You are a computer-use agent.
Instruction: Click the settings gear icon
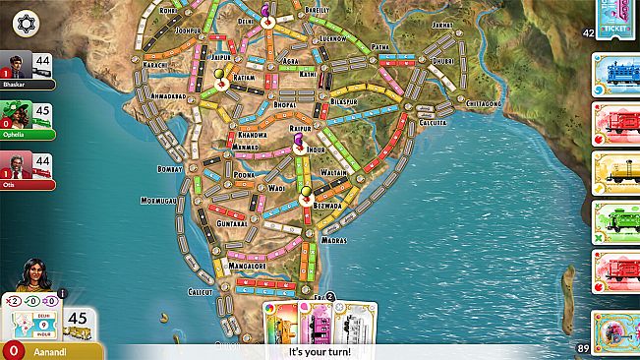pyautogui.click(x=25, y=21)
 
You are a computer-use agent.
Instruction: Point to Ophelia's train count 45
pyautogui.click(x=43, y=112)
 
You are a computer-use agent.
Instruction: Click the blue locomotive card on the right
pyautogui.click(x=616, y=75)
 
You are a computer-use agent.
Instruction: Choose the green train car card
pyautogui.click(x=616, y=223)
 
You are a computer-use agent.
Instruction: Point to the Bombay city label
pyautogui.click(x=171, y=169)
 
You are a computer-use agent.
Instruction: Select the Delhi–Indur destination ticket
pyautogui.click(x=32, y=322)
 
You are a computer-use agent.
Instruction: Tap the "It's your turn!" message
pyautogui.click(x=320, y=351)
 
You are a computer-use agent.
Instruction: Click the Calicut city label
pyautogui.click(x=201, y=292)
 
